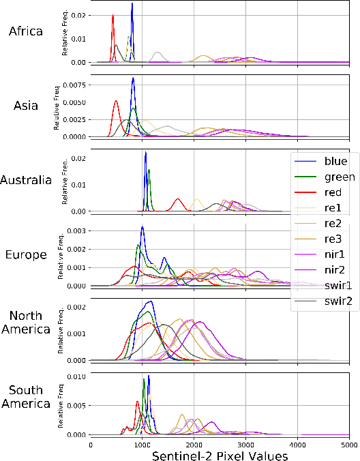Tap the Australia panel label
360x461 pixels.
pyautogui.click(x=26, y=180)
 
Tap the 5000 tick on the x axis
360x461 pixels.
pyautogui.click(x=348, y=444)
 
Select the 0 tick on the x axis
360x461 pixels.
pyautogui.click(x=91, y=444)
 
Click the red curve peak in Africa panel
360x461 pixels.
pyautogui.click(x=113, y=15)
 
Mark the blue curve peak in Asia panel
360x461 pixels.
pyautogui.click(x=133, y=78)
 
